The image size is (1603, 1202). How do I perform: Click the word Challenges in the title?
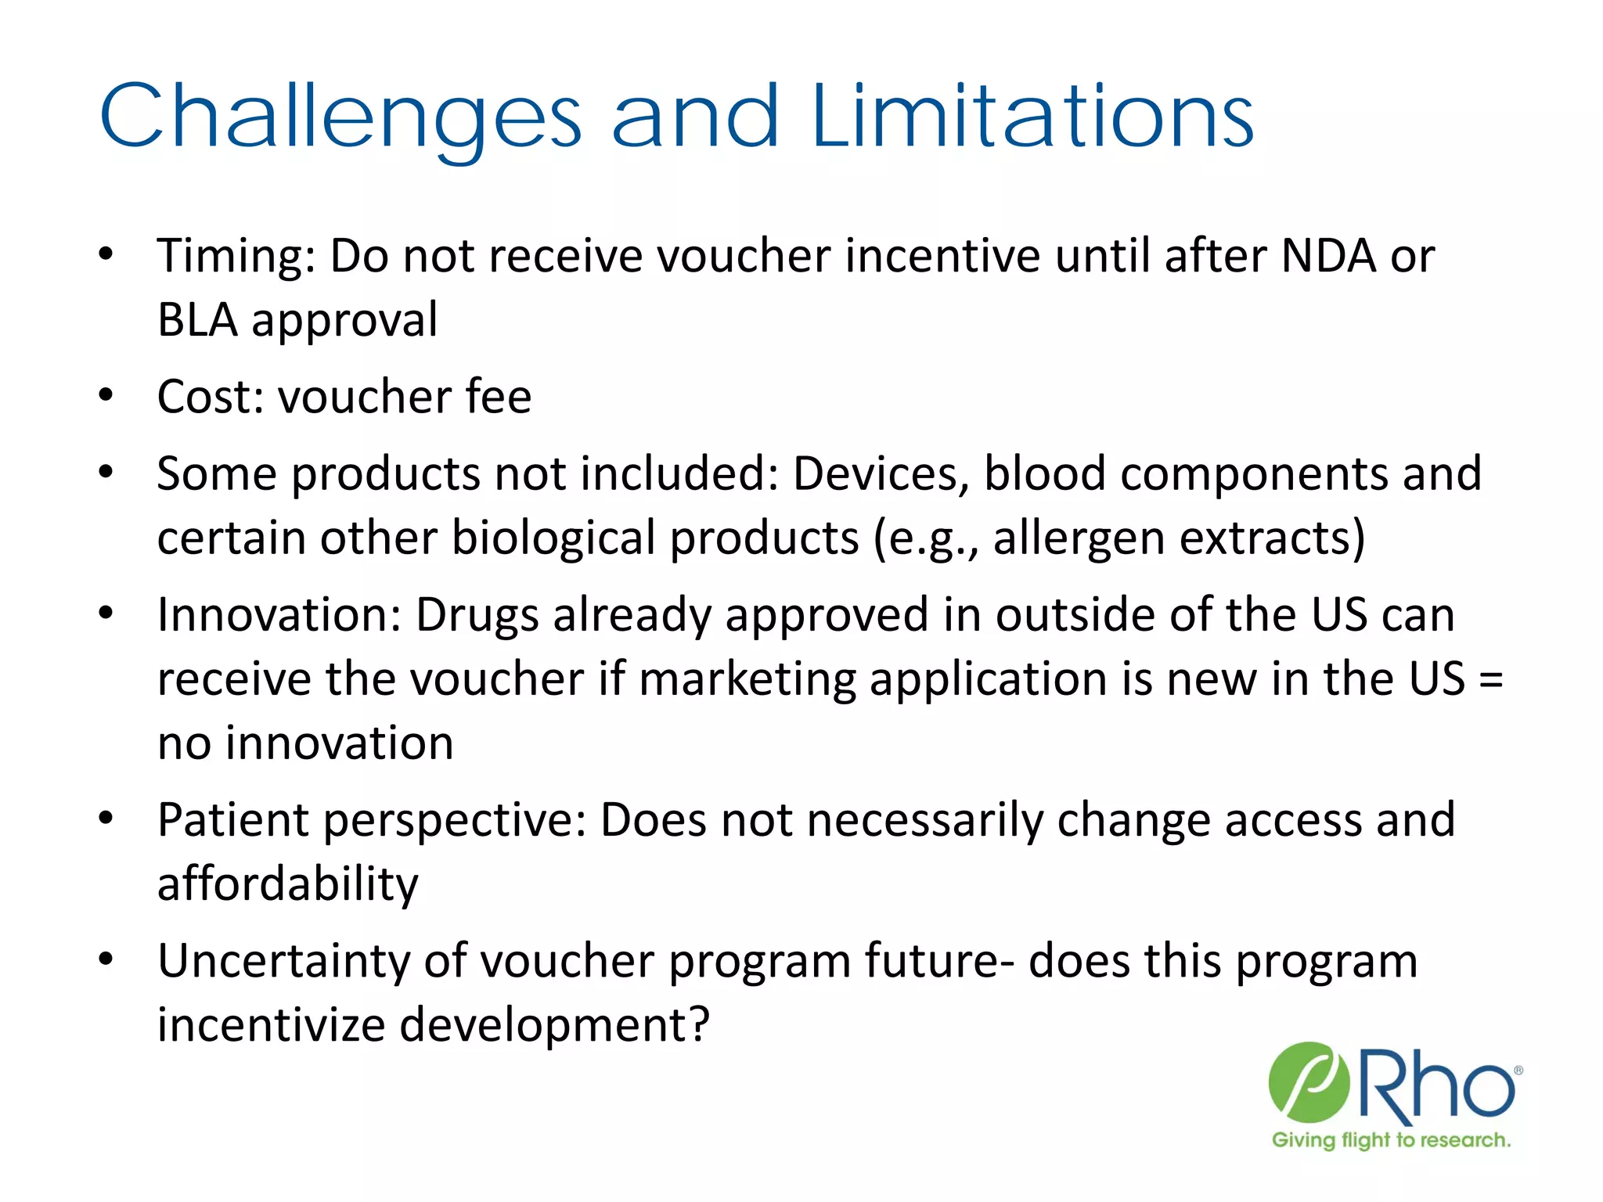[340, 117]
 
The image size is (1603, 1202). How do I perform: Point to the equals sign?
[1491, 678]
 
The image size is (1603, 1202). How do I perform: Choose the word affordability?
[287, 884]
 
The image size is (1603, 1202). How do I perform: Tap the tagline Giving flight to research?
[1391, 1140]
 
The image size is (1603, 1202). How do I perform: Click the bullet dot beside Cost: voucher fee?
[106, 395]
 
